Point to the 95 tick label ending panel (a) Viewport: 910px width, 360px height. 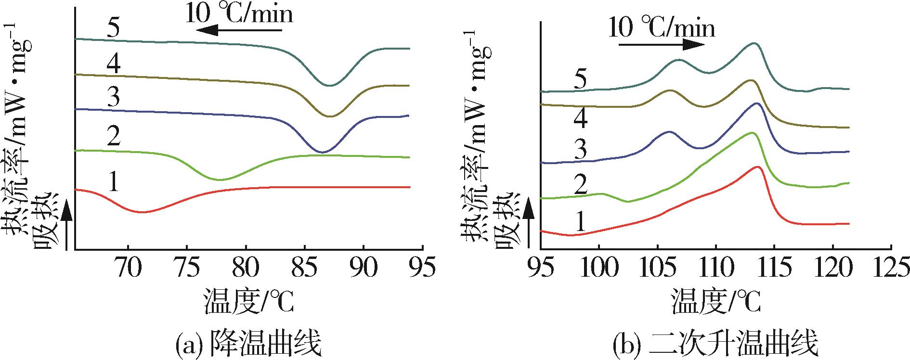[422, 268]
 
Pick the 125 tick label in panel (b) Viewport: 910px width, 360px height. [891, 268]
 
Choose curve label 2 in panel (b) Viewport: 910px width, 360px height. [581, 185]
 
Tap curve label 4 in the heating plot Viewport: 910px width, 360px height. [581, 119]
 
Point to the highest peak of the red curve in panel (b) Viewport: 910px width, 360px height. [757, 167]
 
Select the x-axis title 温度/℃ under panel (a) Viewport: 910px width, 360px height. [248, 301]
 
